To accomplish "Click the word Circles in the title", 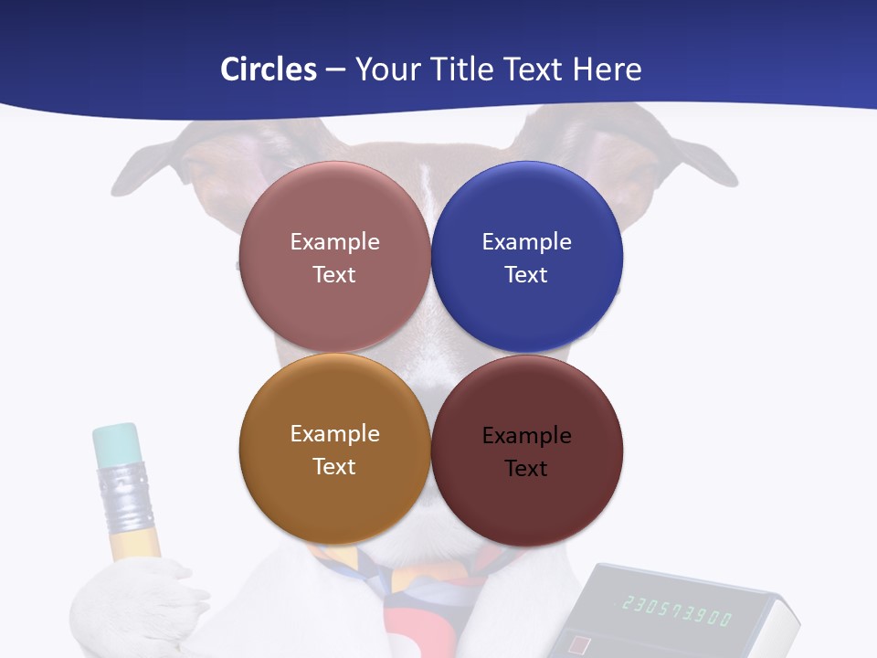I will [269, 69].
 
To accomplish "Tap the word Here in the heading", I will [608, 69].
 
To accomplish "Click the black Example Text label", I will [526, 451].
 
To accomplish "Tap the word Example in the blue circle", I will [526, 242].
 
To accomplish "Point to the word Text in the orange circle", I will [334, 466].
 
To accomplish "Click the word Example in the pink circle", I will [334, 242].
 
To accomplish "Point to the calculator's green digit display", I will [677, 610].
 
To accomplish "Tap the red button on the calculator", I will [579, 645].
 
